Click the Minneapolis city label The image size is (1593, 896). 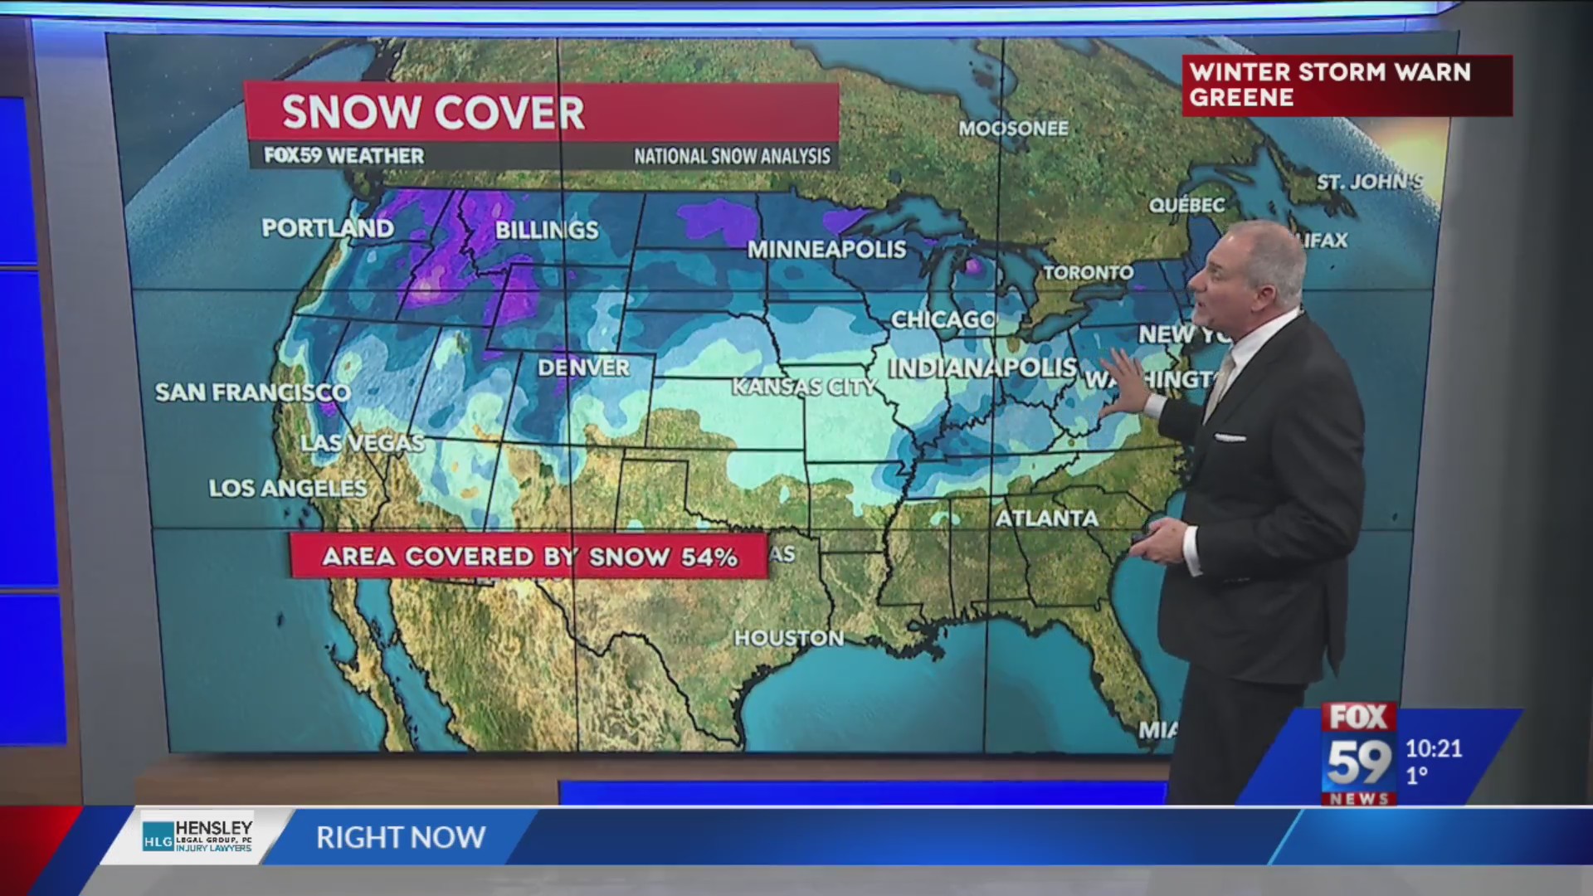(x=826, y=249)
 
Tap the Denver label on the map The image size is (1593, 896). (x=583, y=368)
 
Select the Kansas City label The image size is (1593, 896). (x=803, y=387)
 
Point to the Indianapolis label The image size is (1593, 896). (x=982, y=368)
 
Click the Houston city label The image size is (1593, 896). (x=788, y=638)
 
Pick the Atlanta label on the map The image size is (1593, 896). (x=1046, y=519)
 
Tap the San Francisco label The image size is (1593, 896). (x=252, y=392)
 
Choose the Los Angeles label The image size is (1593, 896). (x=287, y=488)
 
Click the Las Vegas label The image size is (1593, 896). (x=362, y=443)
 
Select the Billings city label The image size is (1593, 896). (x=547, y=230)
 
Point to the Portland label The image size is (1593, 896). (x=328, y=228)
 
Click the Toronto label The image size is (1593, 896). (x=1088, y=272)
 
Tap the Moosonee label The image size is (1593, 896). (x=1013, y=129)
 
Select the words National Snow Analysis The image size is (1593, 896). (x=732, y=156)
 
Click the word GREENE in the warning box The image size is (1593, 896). (x=1241, y=98)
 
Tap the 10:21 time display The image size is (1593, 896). (x=1433, y=748)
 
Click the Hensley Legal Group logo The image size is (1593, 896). (x=197, y=835)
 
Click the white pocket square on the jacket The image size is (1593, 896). (x=1230, y=437)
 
